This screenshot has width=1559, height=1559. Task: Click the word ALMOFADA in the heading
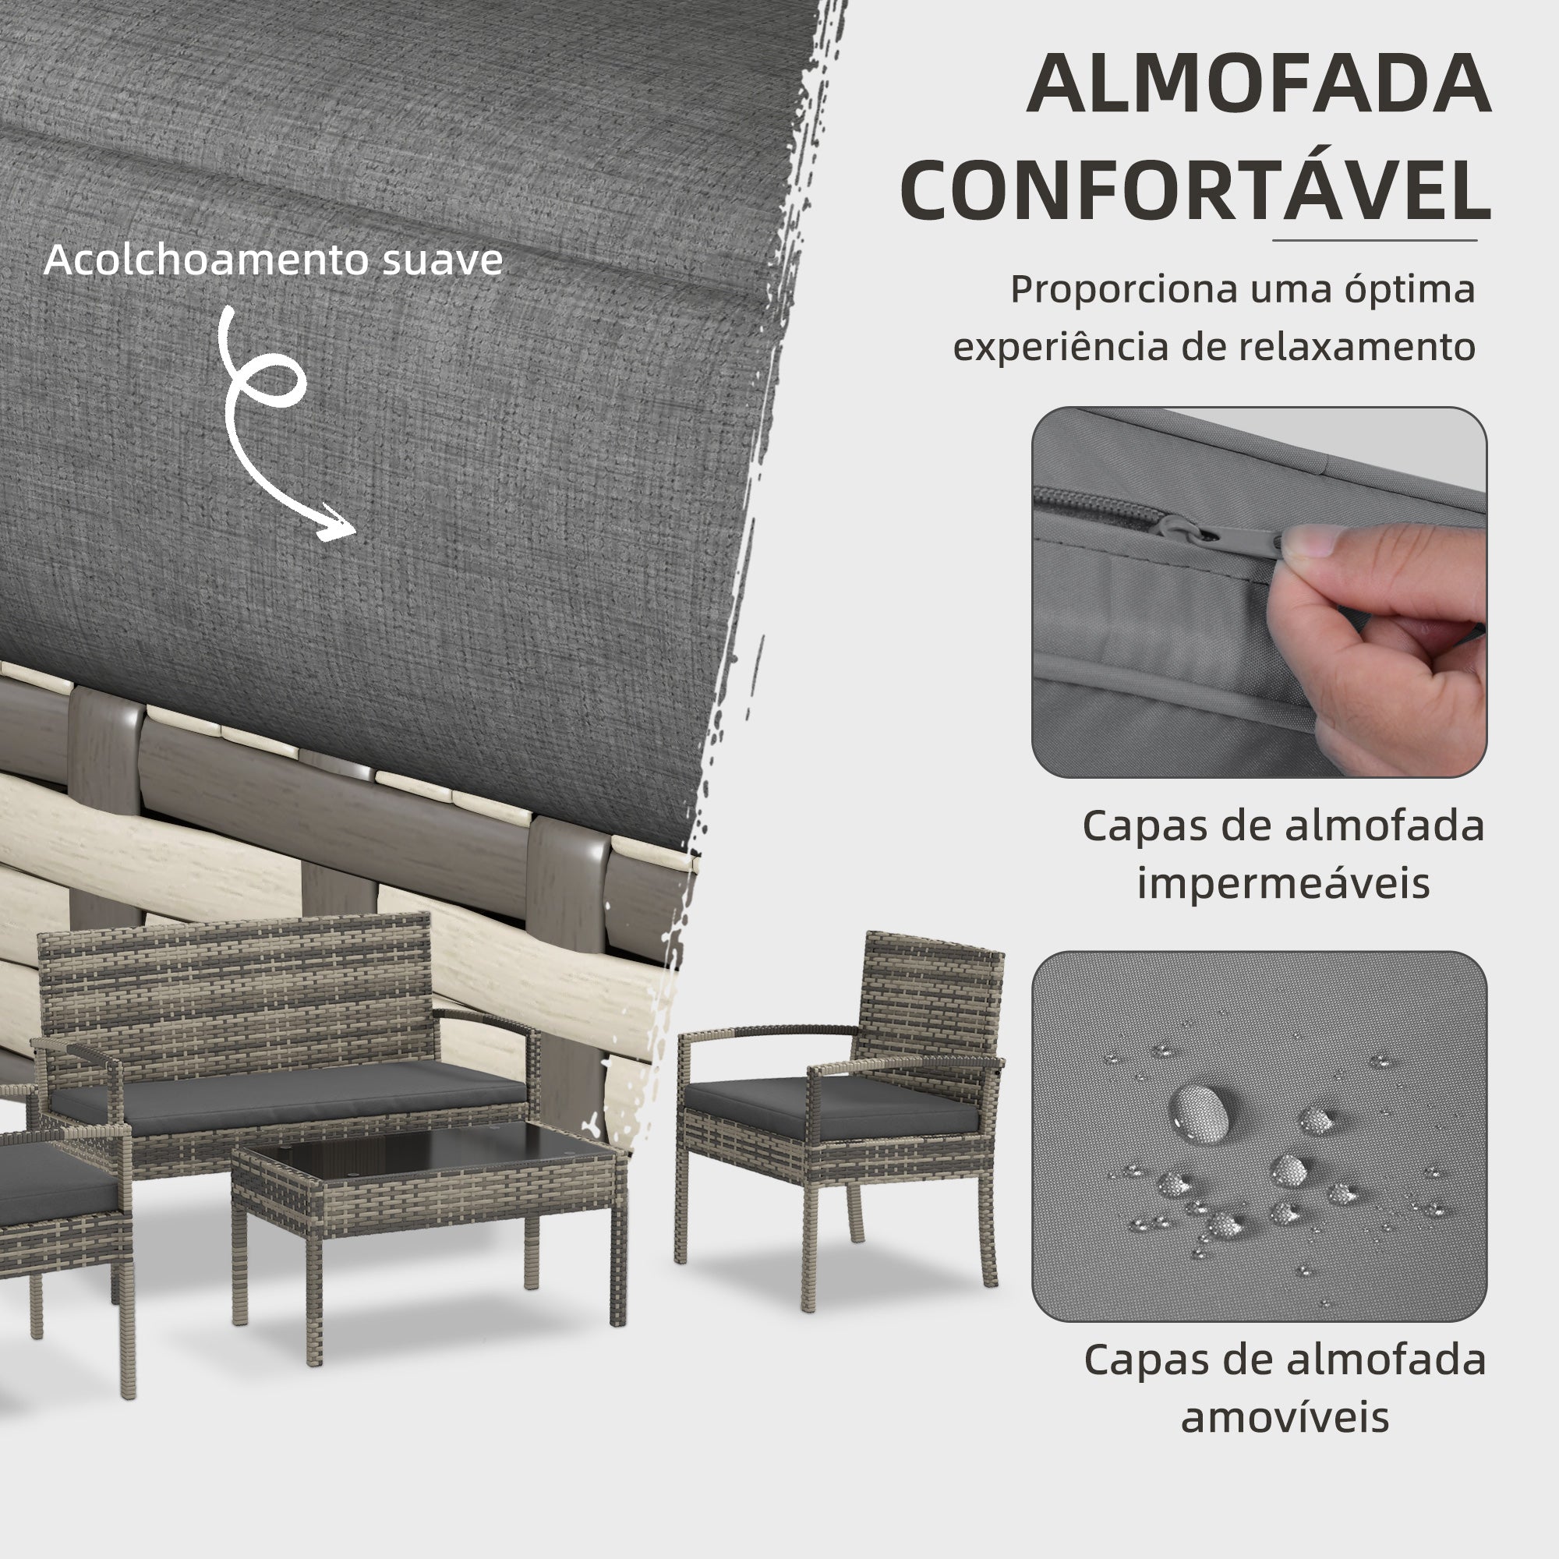pos(1258,85)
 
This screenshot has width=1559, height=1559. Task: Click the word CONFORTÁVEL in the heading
pos(1195,191)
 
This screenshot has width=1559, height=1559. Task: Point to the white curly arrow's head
pos(339,527)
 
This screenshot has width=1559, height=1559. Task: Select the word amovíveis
pos(1285,1417)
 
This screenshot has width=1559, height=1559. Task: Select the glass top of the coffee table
pos(428,1150)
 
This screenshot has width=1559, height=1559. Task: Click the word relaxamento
pos(1356,347)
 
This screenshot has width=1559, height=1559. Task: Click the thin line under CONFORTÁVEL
pos(1374,240)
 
